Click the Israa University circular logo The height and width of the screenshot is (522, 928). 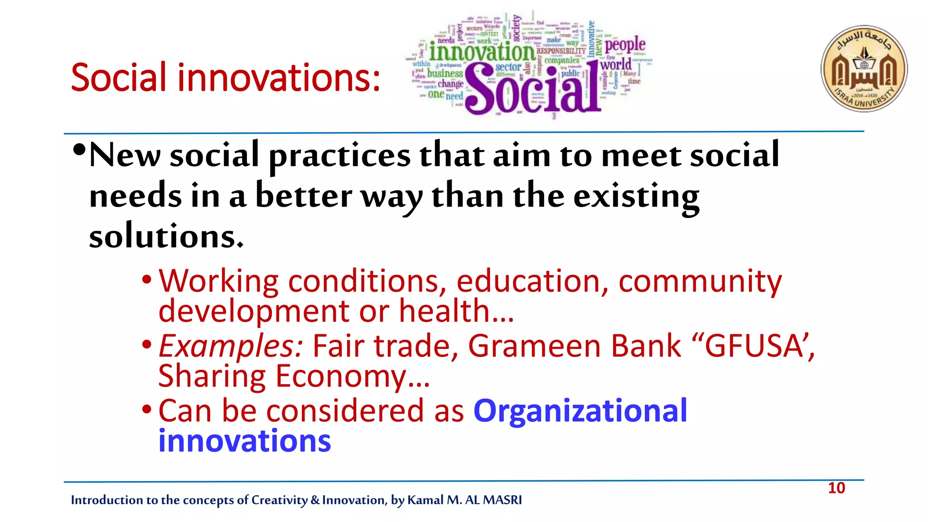tap(864, 68)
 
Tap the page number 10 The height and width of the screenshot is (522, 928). tap(836, 488)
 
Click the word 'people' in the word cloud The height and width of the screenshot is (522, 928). tap(625, 45)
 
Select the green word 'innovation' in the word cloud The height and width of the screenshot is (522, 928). tap(482, 52)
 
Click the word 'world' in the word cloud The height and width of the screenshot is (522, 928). tap(616, 64)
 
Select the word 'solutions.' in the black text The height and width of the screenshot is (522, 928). tap(166, 237)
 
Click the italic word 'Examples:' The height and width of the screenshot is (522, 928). tap(231, 346)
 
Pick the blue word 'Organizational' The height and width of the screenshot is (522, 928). tap(580, 411)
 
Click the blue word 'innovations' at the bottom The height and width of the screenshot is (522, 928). tap(245, 441)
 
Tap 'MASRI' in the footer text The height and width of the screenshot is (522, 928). tap(502, 500)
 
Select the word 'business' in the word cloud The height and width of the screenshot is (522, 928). tap(445, 73)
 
